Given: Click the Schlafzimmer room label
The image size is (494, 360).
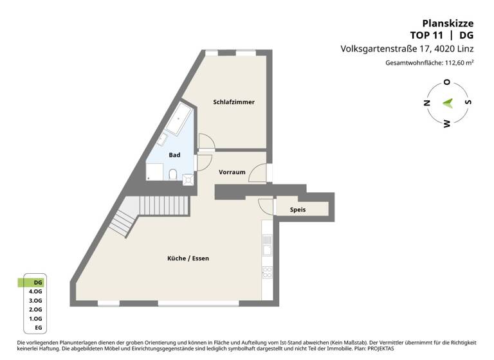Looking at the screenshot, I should [230, 102].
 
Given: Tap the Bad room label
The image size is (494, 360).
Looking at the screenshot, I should [174, 155].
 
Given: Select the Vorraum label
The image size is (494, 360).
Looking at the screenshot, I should [232, 172].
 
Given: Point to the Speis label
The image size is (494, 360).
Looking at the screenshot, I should [297, 210].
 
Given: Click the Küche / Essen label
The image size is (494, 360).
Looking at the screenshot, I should [188, 258].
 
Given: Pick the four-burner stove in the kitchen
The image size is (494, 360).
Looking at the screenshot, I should [267, 272].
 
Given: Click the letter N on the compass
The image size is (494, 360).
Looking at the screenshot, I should [426, 103].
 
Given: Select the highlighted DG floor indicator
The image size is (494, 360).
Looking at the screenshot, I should [38, 282].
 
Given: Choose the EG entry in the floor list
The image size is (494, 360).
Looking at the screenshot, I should [38, 328].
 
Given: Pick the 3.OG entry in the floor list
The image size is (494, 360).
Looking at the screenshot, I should [36, 300].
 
